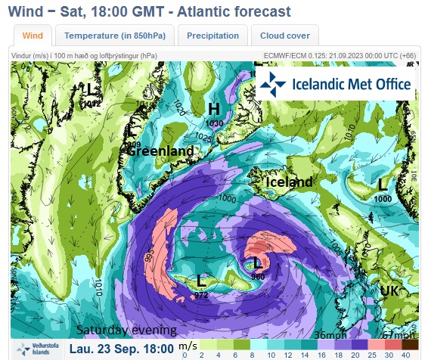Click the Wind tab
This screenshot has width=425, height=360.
[x=33, y=36]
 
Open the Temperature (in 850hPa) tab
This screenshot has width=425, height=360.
[x=116, y=36]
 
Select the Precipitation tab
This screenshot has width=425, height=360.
[x=212, y=36]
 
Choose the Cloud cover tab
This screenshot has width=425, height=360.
[x=284, y=36]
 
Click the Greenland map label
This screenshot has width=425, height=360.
[x=160, y=151]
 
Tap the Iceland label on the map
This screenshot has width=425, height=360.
[x=288, y=182]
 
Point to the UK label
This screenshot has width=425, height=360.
[x=390, y=291]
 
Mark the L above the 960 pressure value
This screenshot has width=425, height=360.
[x=258, y=263]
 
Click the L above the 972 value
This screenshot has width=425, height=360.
[x=201, y=281]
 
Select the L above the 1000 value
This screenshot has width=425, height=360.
[x=383, y=183]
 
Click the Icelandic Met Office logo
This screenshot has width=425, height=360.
[x=335, y=85]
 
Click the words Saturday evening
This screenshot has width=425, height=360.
[x=126, y=331]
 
